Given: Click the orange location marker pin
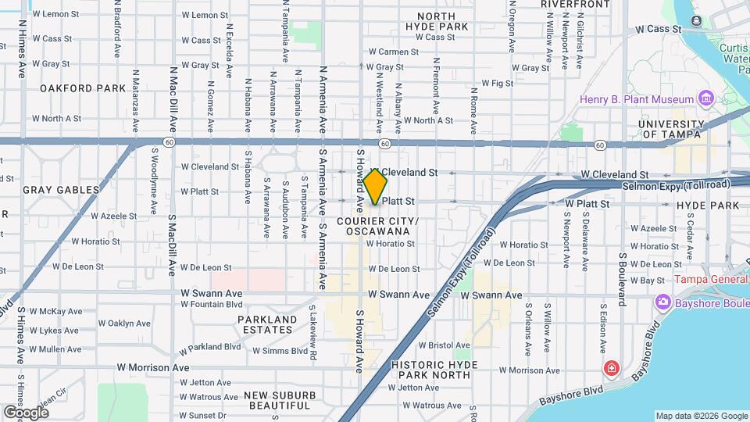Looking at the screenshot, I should click(375, 187).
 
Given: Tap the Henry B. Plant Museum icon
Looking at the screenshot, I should click(706, 99).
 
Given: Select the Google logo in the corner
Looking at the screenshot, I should click(26, 412).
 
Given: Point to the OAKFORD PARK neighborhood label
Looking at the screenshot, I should click(83, 88).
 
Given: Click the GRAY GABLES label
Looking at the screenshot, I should click(62, 190).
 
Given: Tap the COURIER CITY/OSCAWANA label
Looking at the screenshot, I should click(379, 227).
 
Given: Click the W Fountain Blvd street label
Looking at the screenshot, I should click(212, 304).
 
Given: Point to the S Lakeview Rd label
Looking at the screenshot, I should click(312, 331).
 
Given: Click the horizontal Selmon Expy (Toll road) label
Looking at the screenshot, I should click(676, 185).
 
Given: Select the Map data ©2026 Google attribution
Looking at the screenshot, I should click(701, 416).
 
